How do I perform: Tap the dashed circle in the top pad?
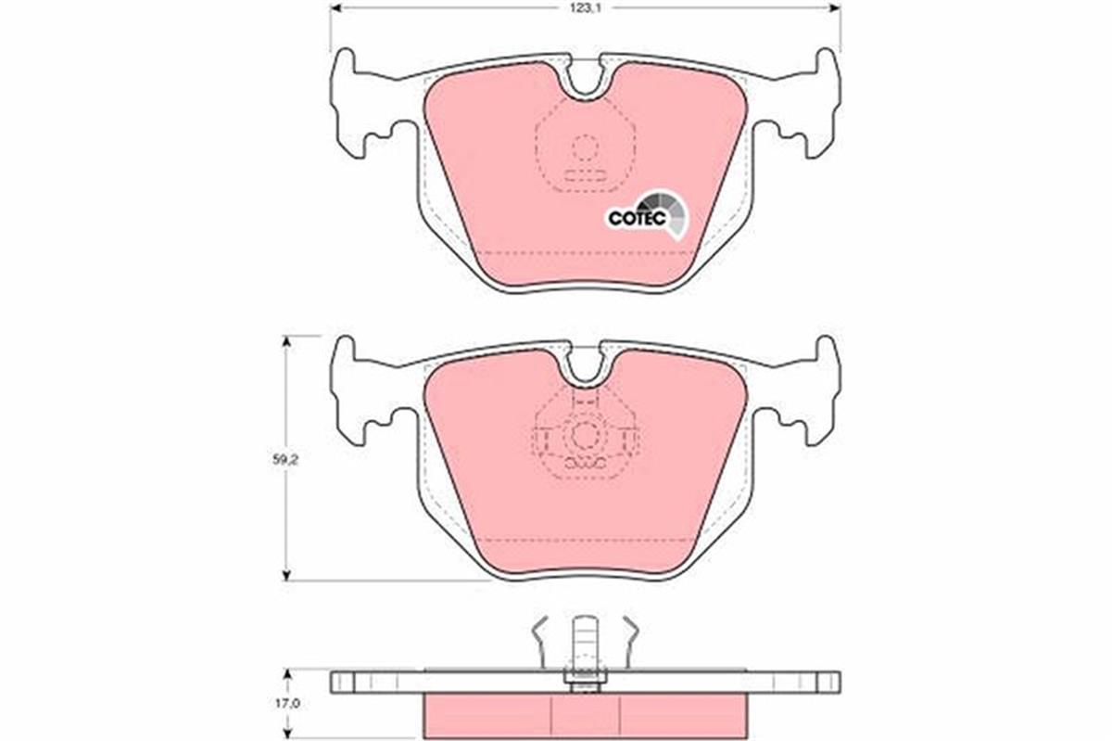click(x=584, y=147)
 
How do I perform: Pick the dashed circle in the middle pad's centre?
click(x=584, y=435)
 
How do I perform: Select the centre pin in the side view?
click(x=584, y=649)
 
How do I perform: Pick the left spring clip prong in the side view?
click(x=540, y=640)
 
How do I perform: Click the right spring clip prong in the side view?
click(x=629, y=640)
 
